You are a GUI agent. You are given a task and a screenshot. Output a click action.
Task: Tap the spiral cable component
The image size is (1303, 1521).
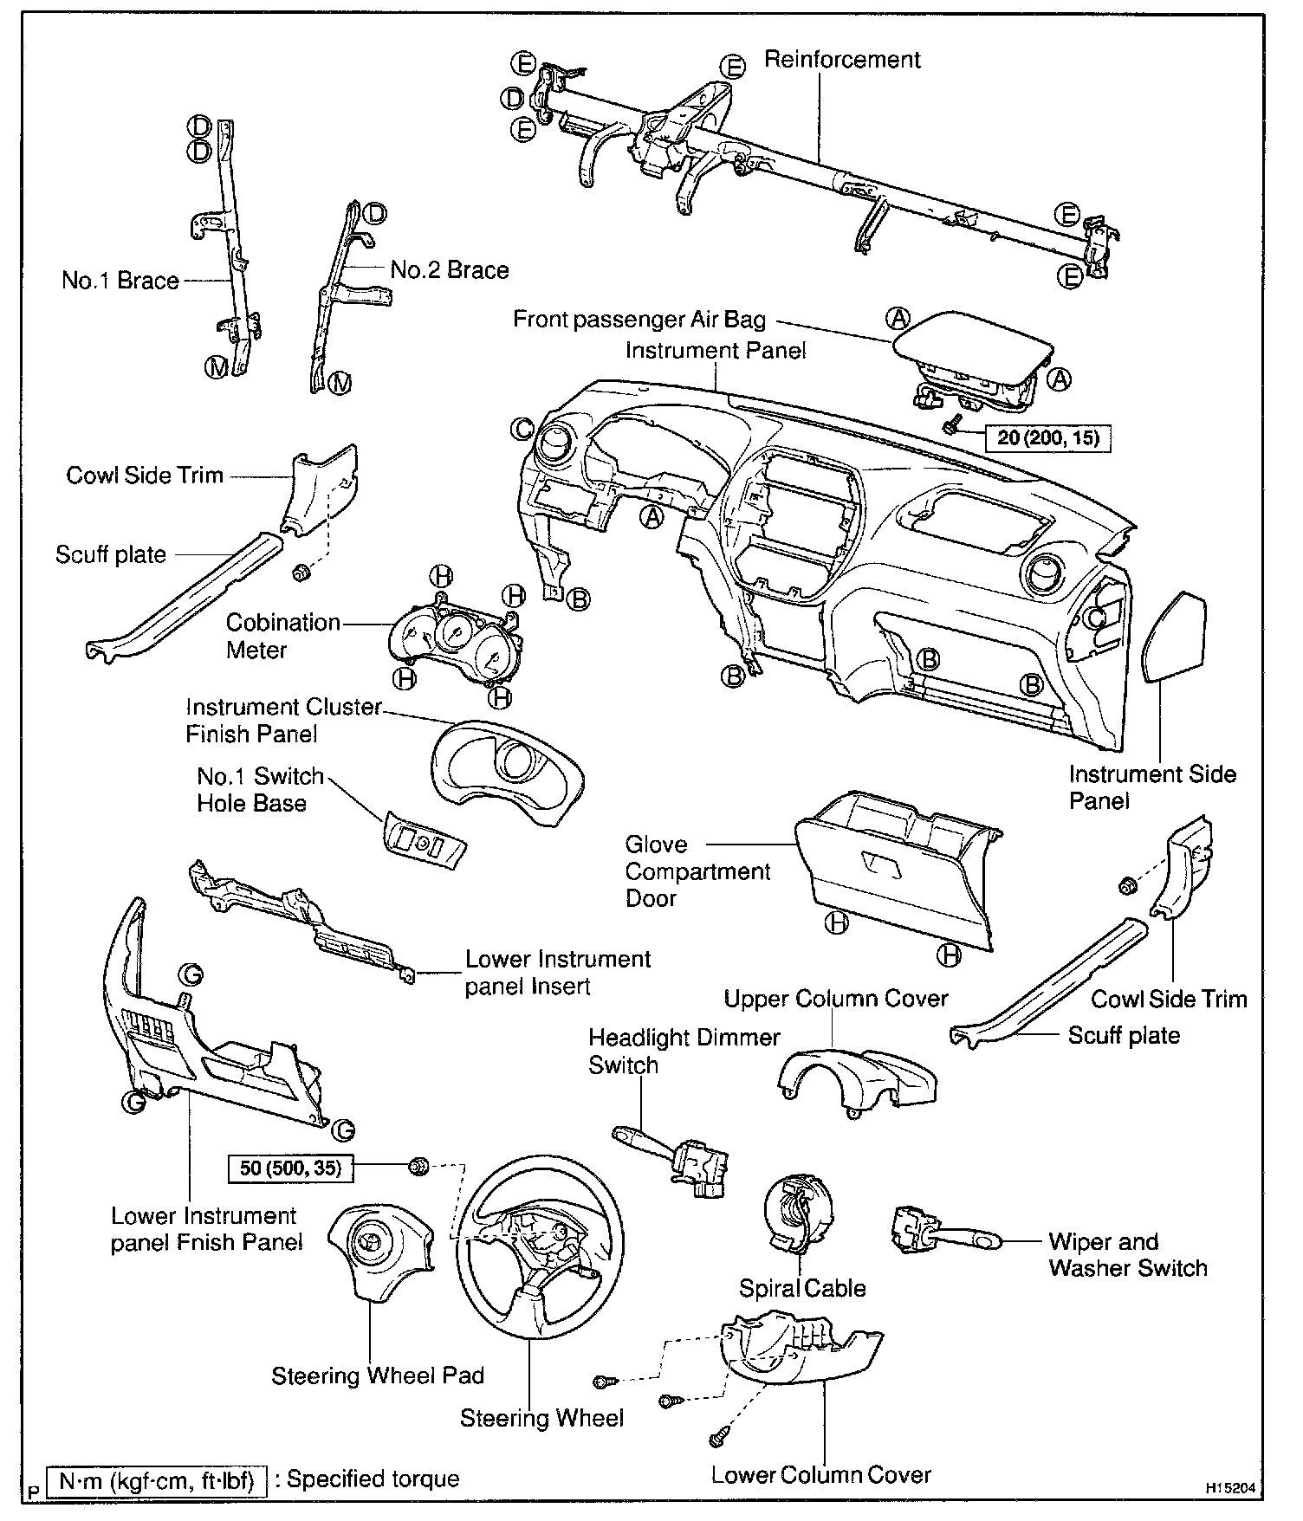tap(795, 1213)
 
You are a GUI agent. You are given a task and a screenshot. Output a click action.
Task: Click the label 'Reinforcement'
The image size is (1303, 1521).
tap(842, 60)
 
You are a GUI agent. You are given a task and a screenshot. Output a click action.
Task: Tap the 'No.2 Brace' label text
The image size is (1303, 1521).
tap(450, 270)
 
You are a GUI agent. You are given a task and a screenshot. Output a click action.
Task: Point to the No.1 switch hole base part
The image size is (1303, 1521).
tap(425, 841)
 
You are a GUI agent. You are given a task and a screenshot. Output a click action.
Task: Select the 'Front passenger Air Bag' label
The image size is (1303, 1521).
tap(639, 320)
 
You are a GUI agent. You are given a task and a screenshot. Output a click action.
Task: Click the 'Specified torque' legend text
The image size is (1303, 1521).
tap(373, 1478)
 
